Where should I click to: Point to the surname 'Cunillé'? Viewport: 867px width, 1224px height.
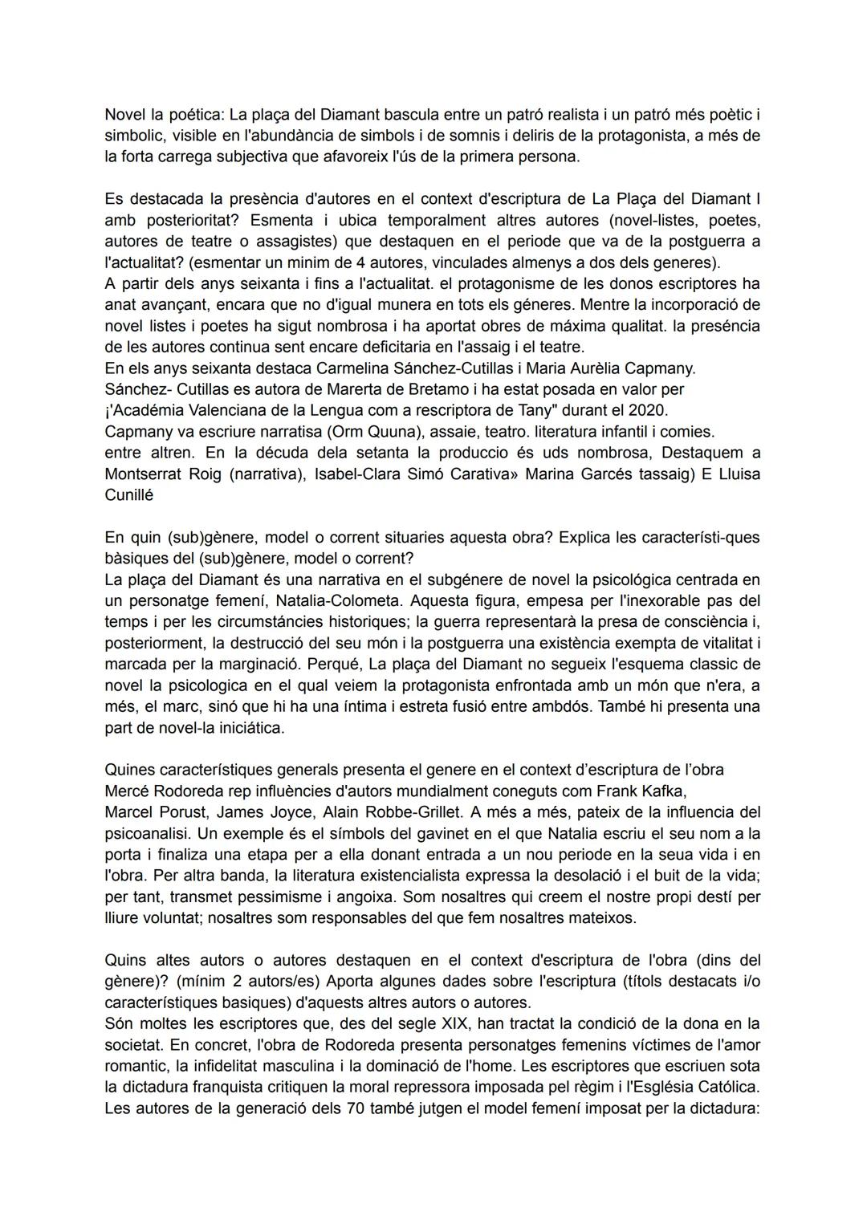pos(128,495)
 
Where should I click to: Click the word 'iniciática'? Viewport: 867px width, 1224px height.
pos(245,728)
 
